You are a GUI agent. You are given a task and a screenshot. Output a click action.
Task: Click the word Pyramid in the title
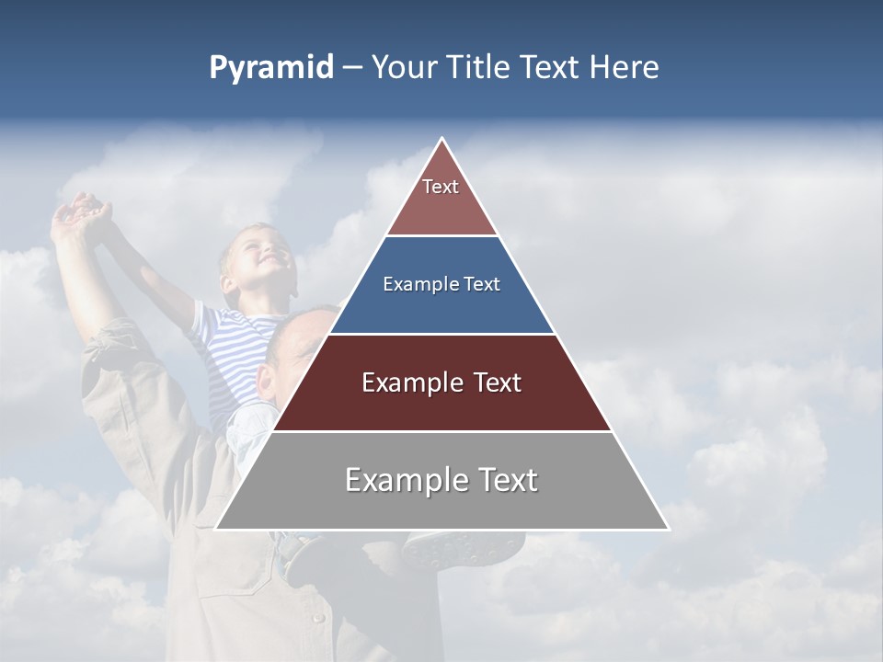(x=270, y=68)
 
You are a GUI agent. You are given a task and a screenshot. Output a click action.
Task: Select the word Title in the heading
(x=477, y=68)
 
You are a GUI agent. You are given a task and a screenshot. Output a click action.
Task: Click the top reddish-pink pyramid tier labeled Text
(x=441, y=198)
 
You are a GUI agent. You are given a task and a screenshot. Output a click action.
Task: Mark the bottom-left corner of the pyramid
(x=216, y=529)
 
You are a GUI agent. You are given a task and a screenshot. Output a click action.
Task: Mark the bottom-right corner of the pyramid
(x=669, y=529)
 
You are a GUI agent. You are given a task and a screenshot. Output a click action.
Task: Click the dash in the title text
(x=351, y=68)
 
